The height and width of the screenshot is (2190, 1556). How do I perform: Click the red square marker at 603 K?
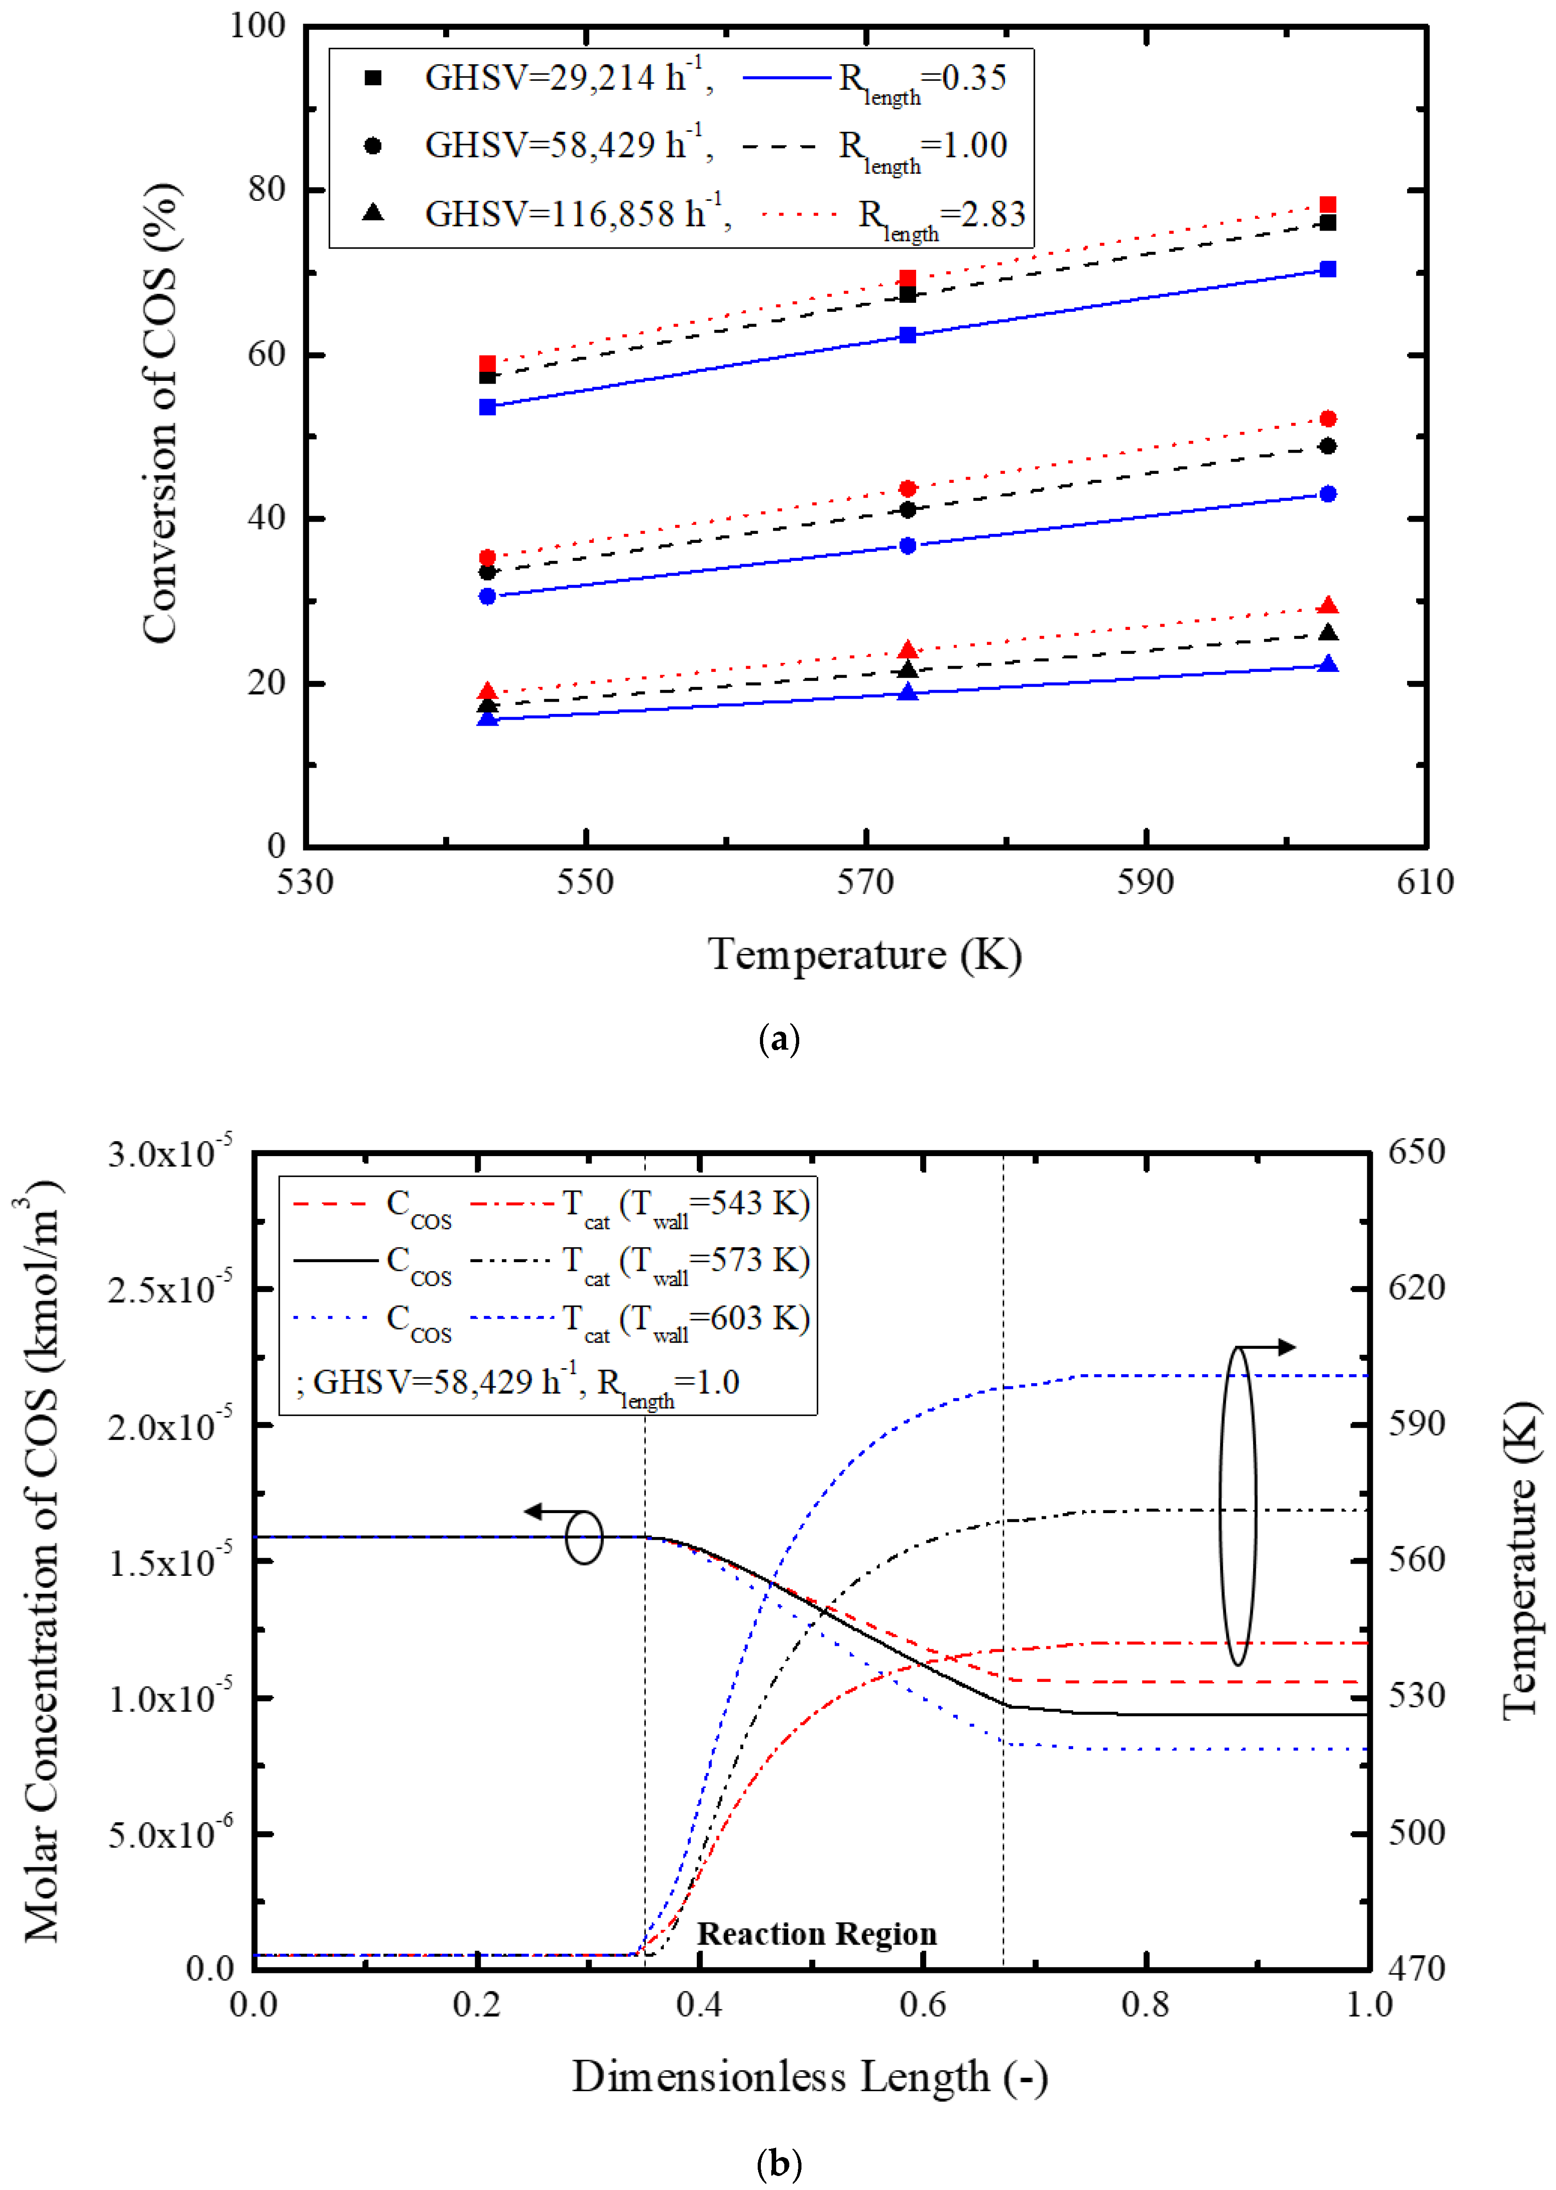click(1327, 205)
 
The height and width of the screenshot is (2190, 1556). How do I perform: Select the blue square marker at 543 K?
click(488, 407)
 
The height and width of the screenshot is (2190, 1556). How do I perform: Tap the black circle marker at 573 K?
click(908, 509)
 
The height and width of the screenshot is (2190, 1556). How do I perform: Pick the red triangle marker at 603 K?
click(1327, 606)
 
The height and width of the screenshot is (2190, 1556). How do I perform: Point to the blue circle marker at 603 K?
click(1327, 494)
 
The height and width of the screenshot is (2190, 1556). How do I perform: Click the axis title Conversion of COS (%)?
click(160, 412)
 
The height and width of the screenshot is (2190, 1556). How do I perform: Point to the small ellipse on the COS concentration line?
click(583, 1537)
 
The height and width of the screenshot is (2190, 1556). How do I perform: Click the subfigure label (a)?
click(778, 1039)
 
